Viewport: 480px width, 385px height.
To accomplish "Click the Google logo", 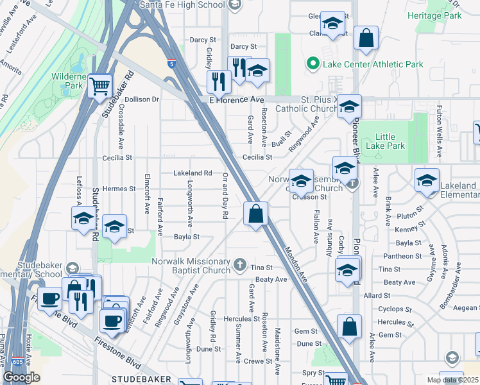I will (22, 377).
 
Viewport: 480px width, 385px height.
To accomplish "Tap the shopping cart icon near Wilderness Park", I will (99, 85).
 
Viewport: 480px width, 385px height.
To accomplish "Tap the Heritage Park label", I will (438, 15).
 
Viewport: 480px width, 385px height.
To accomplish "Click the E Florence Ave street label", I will (237, 100).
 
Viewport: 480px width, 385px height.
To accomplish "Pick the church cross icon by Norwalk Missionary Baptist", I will (239, 264).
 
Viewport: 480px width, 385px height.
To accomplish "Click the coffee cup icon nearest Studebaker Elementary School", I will (50, 297).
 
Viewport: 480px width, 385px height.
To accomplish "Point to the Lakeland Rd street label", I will (193, 173).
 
